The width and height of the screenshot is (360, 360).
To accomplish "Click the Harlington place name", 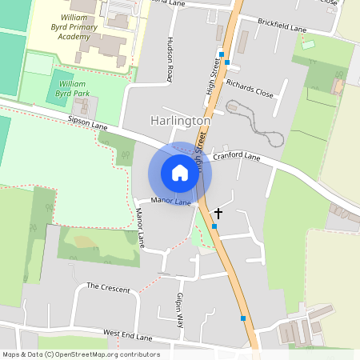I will coord(180,120).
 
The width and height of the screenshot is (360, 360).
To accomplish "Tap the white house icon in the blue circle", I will coord(180,172).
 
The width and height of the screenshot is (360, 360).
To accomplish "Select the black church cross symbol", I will coord(218,214).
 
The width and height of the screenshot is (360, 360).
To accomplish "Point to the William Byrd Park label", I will coord(72,88).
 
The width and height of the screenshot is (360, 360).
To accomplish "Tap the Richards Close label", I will coord(249,87).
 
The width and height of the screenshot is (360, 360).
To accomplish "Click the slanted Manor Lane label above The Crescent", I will coord(140,227).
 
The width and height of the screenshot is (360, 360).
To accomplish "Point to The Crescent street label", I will coord(108,287).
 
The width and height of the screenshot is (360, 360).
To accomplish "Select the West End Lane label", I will coord(128,335).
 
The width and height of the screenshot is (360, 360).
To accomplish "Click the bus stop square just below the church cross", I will coord(214,226).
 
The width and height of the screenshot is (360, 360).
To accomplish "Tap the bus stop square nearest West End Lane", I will coord(243,318).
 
